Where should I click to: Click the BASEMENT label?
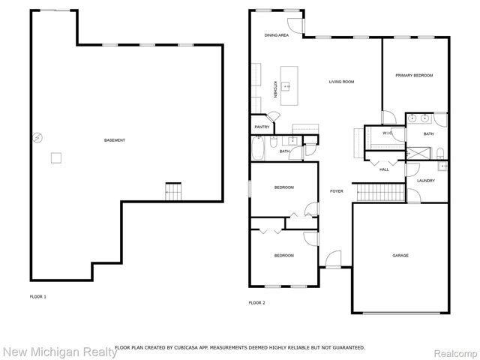tap(115, 141)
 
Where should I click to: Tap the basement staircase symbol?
tap(173, 192)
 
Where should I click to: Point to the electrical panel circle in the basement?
tap(35, 136)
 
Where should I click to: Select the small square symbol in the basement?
tap(55, 157)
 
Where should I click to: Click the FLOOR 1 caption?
tap(37, 297)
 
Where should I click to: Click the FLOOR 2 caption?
tap(256, 302)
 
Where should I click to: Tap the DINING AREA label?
tap(276, 35)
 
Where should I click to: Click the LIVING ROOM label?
tap(342, 82)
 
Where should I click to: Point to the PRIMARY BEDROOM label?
tap(414, 76)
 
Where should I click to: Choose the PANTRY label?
tap(262, 127)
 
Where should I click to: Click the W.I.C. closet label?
tap(387, 133)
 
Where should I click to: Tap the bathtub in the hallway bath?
tap(259, 148)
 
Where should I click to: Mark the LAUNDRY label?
tap(426, 181)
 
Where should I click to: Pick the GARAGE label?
tap(400, 256)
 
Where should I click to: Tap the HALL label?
tap(384, 169)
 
